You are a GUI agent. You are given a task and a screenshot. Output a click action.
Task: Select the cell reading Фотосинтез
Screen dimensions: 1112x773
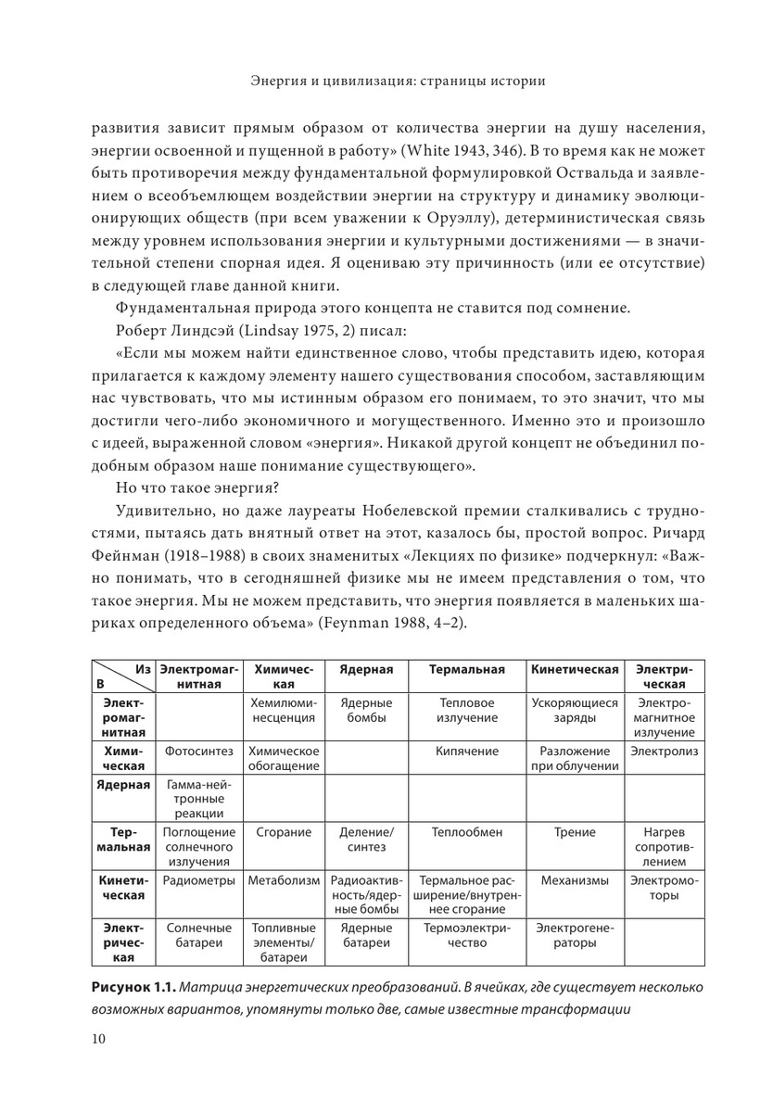(201, 751)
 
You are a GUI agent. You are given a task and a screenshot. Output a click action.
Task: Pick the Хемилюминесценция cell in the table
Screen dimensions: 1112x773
(284, 710)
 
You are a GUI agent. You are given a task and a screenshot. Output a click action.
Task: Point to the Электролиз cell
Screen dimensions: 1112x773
(664, 751)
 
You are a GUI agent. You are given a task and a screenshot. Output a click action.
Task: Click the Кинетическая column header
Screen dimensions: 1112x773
(574, 669)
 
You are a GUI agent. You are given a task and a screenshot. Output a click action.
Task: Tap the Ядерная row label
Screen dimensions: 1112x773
(123, 785)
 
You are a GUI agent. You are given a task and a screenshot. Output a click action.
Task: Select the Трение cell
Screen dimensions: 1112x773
(574, 832)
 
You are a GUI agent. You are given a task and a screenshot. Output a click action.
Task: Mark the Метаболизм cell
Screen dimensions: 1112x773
(284, 880)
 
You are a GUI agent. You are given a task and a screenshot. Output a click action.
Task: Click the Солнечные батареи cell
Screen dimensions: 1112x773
(201, 934)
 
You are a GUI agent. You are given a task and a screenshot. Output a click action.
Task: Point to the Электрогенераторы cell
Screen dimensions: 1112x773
(574, 934)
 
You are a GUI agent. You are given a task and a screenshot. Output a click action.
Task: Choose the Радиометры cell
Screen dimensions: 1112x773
(201, 880)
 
